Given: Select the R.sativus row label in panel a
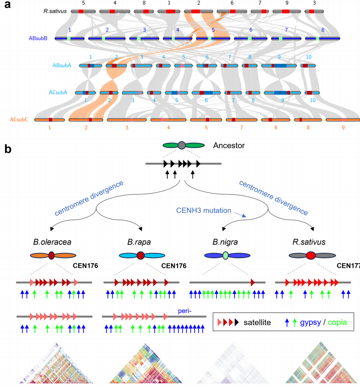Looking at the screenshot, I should (55, 11).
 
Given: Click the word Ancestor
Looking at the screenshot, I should (229, 145).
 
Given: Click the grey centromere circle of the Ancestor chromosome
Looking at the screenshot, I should (182, 145).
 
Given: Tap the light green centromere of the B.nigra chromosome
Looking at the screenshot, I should (225, 256).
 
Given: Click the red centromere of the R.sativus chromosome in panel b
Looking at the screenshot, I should (311, 256).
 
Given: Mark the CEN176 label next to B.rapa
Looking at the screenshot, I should (174, 266).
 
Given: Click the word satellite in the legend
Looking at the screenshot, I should (257, 322).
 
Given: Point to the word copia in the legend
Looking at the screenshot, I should (337, 322).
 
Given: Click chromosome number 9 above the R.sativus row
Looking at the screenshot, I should (286, 3).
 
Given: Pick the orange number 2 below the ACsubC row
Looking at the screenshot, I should (86, 128).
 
